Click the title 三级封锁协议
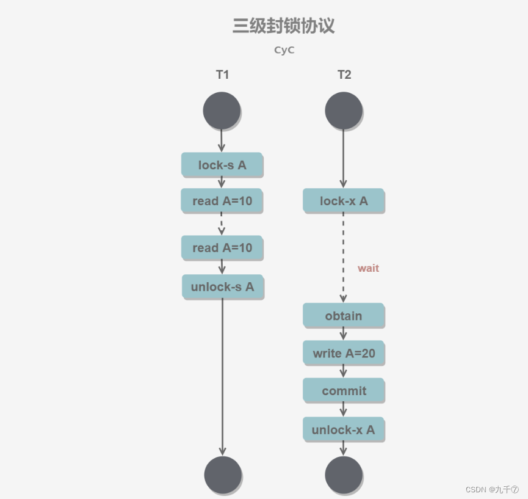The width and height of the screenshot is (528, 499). [283, 26]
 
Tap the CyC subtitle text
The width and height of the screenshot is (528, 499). [284, 50]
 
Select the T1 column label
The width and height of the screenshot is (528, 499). [222, 75]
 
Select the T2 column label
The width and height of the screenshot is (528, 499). [344, 75]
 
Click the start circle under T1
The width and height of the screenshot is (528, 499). [222, 111]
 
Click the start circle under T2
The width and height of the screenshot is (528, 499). [344, 111]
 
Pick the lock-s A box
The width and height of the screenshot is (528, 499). [222, 165]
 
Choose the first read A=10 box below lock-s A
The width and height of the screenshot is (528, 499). [222, 201]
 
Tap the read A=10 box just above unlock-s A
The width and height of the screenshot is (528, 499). [222, 248]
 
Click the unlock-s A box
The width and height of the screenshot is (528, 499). [223, 286]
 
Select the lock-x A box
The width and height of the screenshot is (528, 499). [344, 201]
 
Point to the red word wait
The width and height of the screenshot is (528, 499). [368, 268]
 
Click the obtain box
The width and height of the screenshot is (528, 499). [344, 316]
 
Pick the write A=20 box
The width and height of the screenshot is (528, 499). [344, 353]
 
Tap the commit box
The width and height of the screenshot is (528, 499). [344, 391]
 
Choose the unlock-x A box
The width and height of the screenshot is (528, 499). [344, 430]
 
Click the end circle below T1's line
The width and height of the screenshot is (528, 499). [223, 475]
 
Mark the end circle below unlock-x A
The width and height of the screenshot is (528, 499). [344, 475]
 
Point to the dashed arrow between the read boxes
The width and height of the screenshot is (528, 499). [222, 224]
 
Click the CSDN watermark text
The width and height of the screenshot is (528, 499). [491, 489]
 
